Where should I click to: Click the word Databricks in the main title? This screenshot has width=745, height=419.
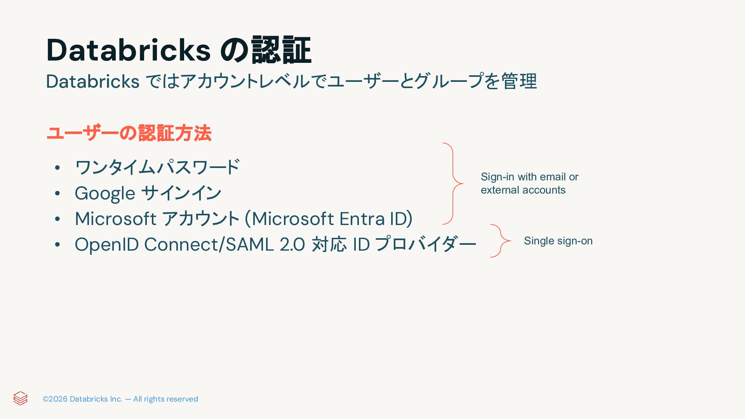128,50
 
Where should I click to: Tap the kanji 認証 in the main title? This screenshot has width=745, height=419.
281,50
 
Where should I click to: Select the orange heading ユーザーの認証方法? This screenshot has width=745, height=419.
129,133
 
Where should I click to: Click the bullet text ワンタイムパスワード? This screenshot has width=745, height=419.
157,167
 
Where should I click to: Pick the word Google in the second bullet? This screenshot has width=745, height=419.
105,193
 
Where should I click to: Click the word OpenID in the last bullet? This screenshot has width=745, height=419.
106,244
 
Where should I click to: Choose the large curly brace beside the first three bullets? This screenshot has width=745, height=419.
453,184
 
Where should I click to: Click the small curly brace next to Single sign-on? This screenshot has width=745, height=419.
501,241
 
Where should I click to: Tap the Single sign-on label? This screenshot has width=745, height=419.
558,241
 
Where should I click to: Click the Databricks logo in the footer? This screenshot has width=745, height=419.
20,398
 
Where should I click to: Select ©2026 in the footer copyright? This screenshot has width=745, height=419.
55,399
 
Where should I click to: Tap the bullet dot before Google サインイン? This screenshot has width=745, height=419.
57,193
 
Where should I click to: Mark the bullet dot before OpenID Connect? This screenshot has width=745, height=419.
57,244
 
